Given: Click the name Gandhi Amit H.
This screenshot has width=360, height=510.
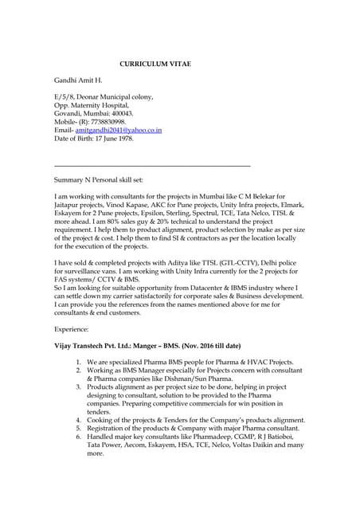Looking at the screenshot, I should [78, 81].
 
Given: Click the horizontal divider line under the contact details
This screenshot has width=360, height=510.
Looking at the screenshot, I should [151, 166].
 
